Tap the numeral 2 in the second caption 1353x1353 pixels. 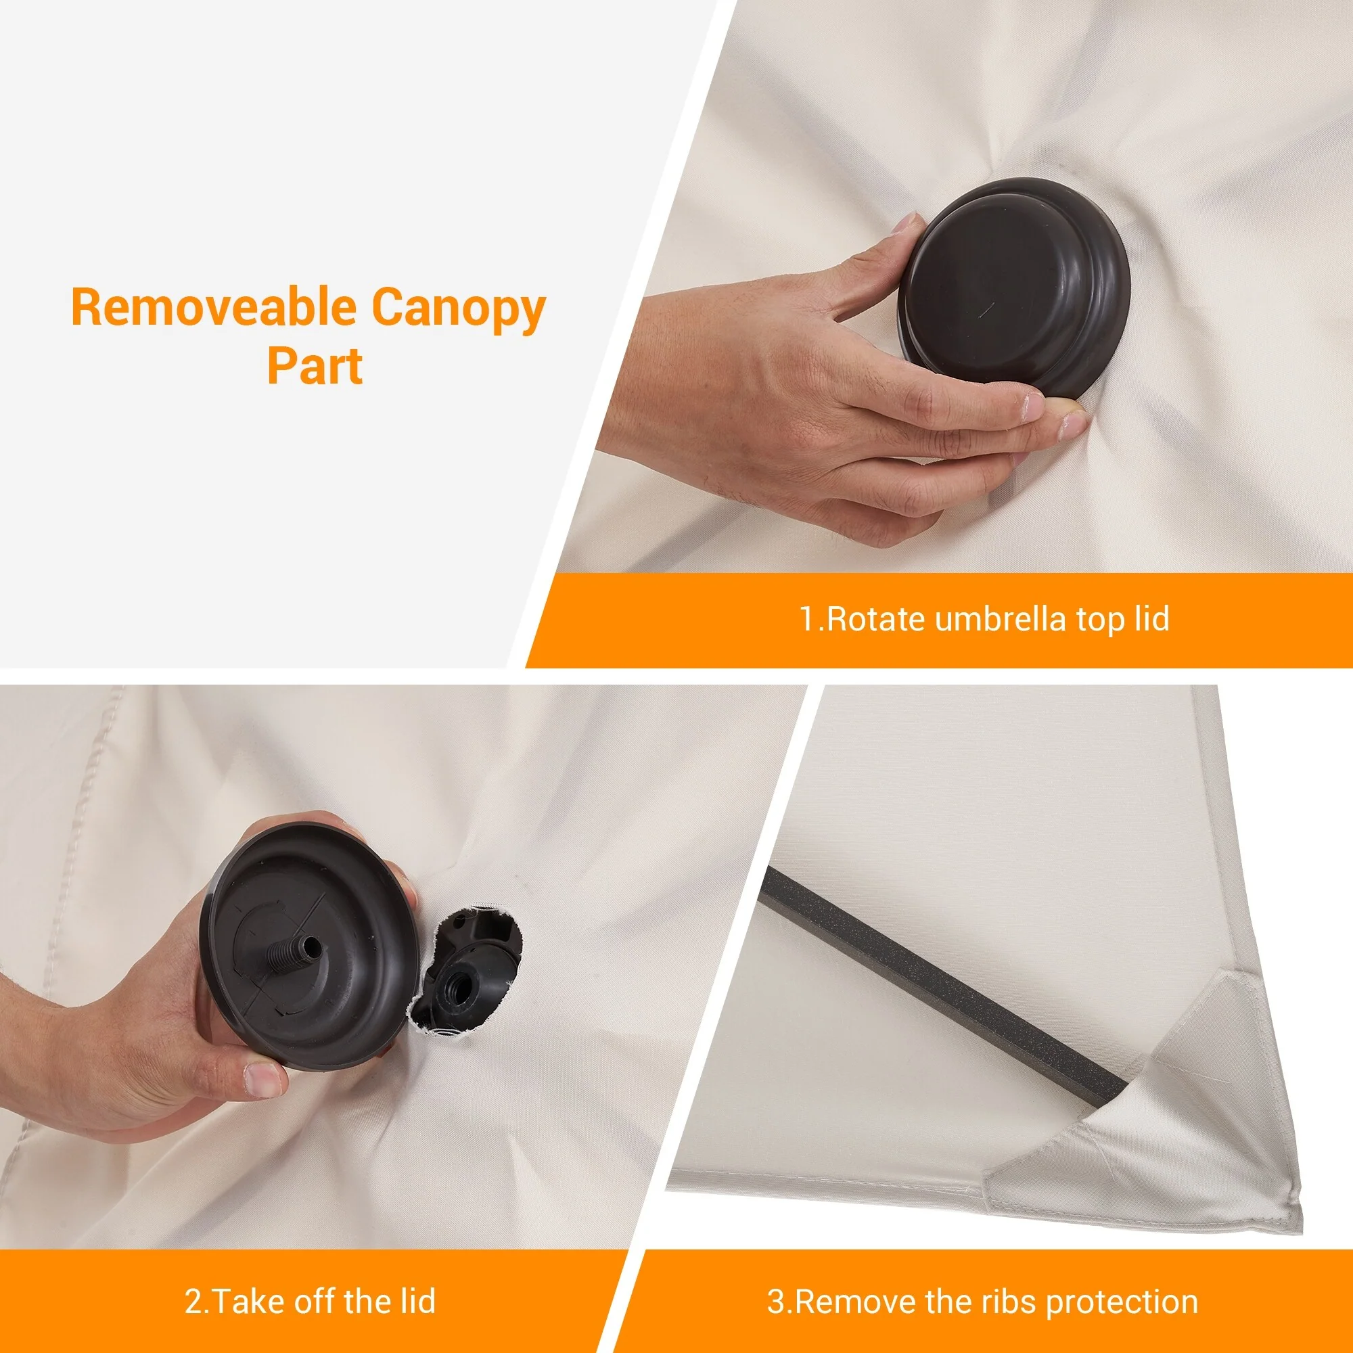[193, 1282]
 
